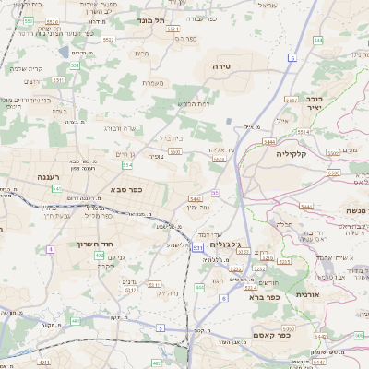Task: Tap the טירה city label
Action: (220, 66)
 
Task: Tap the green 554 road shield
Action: (127, 165)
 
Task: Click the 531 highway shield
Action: (198, 247)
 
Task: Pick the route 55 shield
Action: (215, 193)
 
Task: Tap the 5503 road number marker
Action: (219, 159)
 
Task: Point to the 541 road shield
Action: (57, 188)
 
